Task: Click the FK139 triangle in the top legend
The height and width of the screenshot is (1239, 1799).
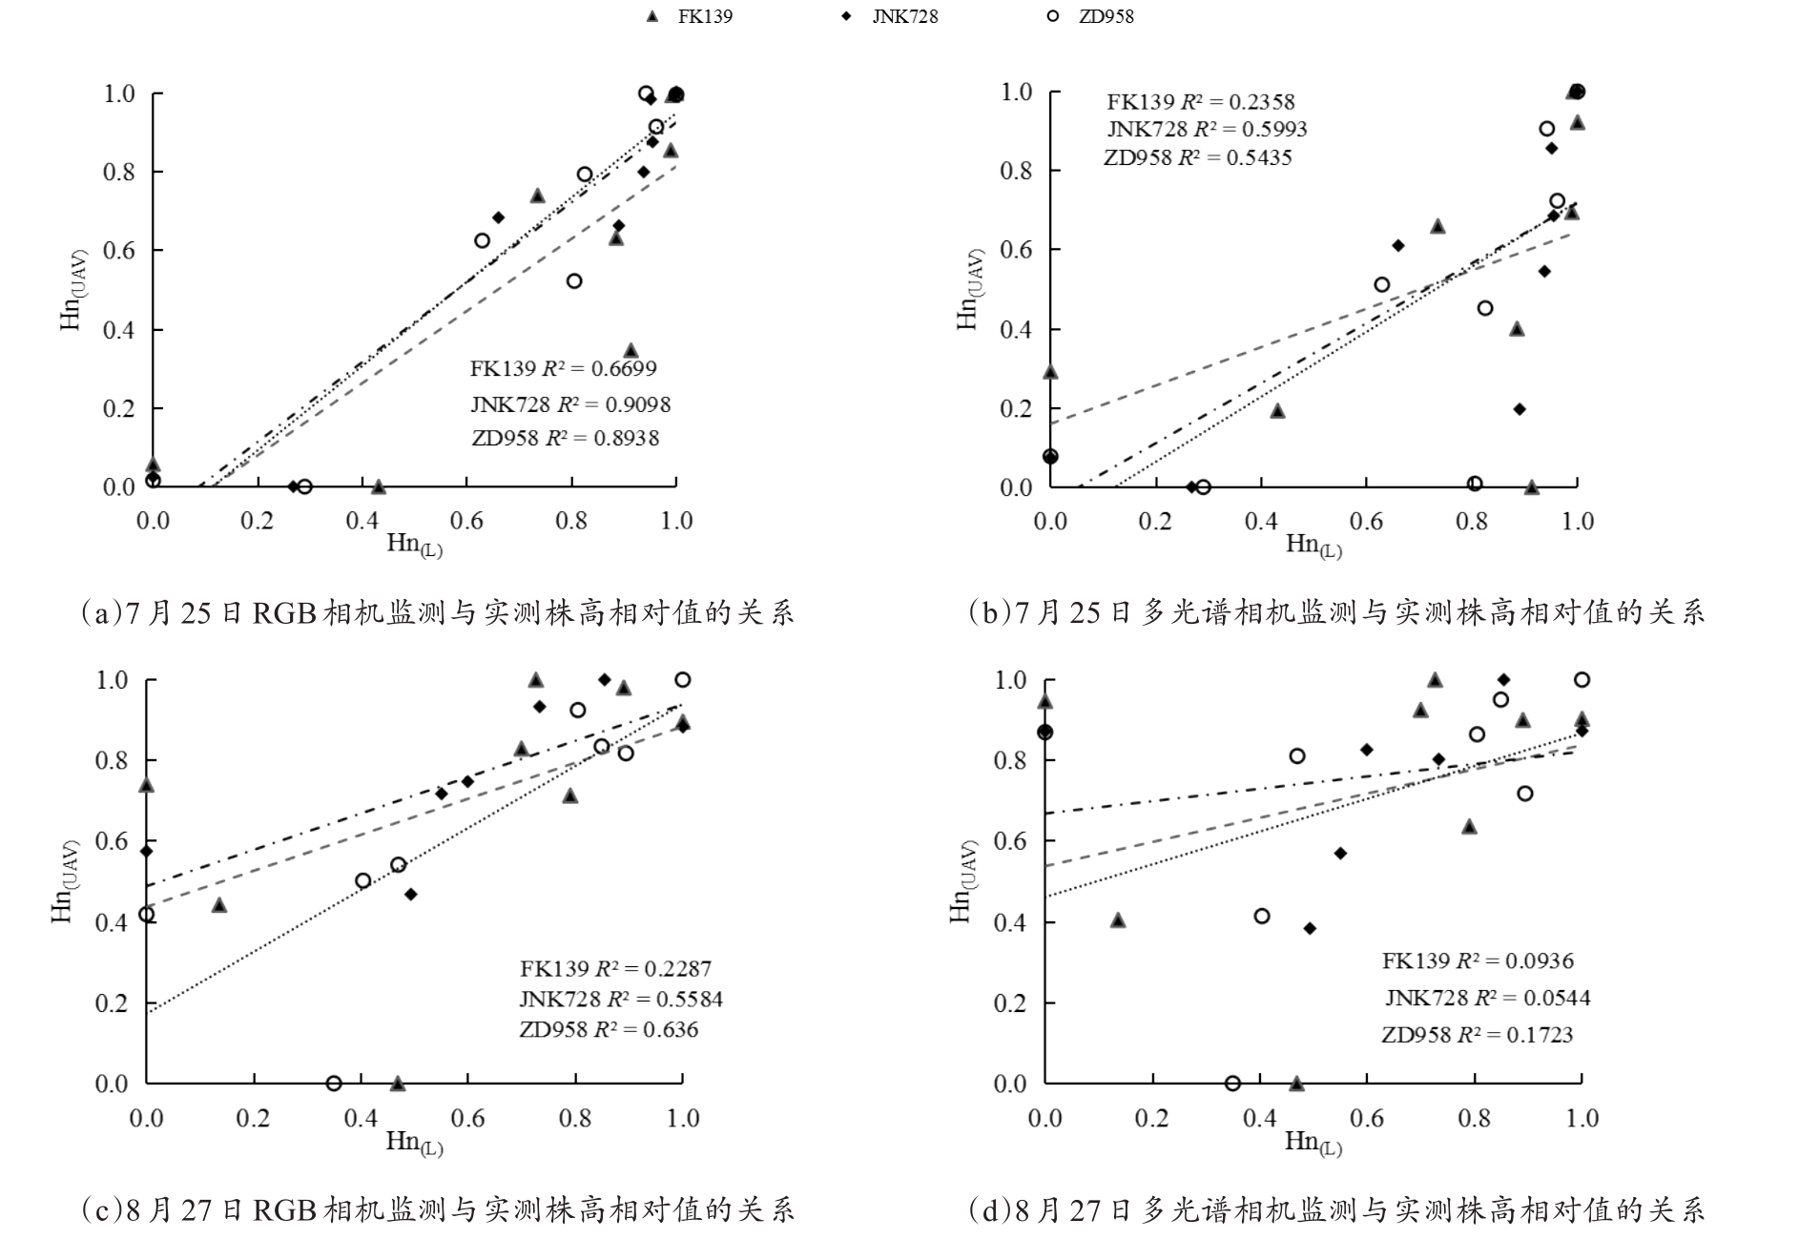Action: (x=652, y=16)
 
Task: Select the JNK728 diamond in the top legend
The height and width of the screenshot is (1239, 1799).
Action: (x=847, y=16)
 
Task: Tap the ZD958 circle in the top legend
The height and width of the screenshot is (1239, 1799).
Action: (x=1053, y=16)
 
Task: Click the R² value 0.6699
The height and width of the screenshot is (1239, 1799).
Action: (x=625, y=368)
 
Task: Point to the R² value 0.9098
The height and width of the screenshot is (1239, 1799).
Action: (x=639, y=404)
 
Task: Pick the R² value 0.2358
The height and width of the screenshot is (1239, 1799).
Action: (x=1263, y=102)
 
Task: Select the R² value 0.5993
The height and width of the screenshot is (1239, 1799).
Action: (x=1275, y=129)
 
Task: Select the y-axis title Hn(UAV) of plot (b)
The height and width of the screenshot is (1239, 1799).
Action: (x=969, y=290)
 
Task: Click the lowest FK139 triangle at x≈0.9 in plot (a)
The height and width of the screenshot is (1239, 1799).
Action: (x=631, y=351)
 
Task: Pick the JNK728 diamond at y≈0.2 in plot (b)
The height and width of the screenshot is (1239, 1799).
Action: (x=1520, y=409)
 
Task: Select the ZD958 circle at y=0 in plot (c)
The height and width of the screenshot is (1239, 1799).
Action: (x=334, y=1083)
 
